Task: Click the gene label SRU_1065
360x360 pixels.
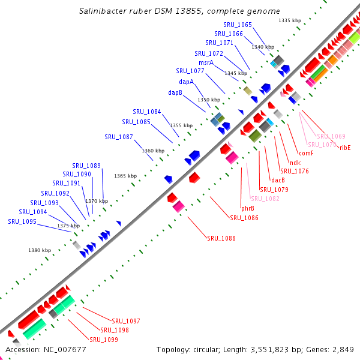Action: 237,25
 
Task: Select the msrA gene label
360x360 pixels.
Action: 206,62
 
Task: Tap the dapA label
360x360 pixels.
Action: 186,82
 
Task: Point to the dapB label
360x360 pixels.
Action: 175,92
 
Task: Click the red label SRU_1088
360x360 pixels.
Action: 221,238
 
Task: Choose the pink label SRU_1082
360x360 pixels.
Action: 265,199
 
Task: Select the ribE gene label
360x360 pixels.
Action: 344,147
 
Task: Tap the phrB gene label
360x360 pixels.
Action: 248,208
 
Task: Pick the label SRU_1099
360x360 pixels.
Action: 104,340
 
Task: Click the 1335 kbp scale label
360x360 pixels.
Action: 290,21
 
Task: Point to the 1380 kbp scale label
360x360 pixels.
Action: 40,250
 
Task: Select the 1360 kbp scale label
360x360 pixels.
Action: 153,151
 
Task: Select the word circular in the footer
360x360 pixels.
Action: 215,350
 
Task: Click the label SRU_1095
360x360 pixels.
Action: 22,221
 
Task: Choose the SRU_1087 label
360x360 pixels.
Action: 119,137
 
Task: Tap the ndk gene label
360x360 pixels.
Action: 295,163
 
